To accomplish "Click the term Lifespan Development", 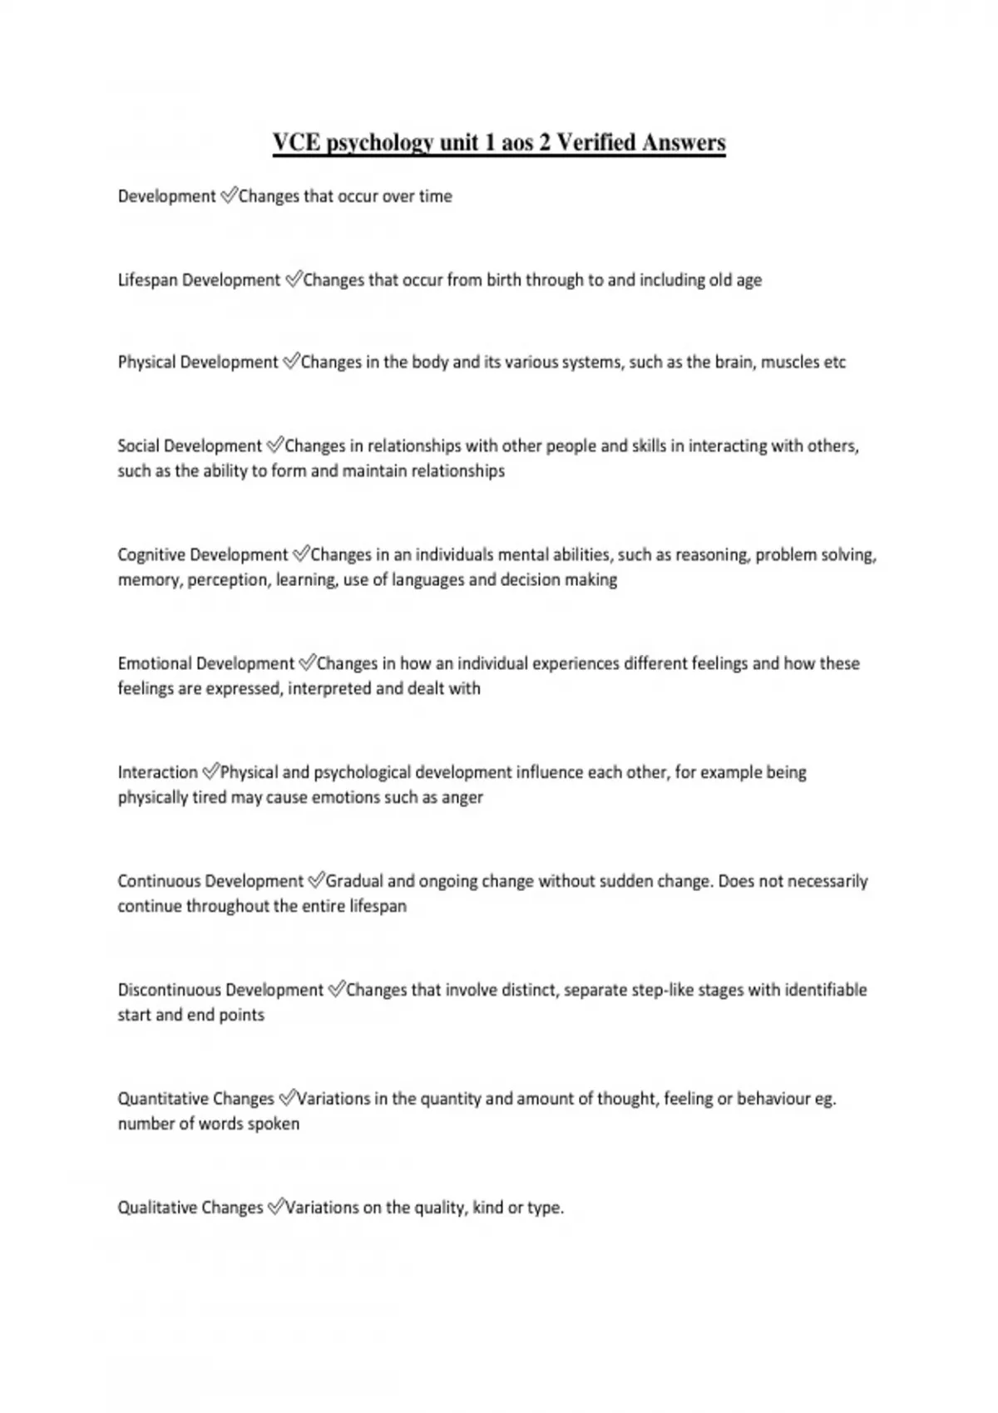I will coord(199,280).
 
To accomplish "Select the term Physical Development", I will coord(198,362).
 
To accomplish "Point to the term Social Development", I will coord(190,446).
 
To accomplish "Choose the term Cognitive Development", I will coord(203,554).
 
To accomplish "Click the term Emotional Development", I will coord(206,663).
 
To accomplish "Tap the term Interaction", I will coord(158,772).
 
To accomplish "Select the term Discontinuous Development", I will coord(220,990).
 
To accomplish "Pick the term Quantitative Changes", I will coord(195,1099).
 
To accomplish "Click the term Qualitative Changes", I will coord(190,1208).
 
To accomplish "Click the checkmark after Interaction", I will coord(210,771).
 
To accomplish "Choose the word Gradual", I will coord(354,881).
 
